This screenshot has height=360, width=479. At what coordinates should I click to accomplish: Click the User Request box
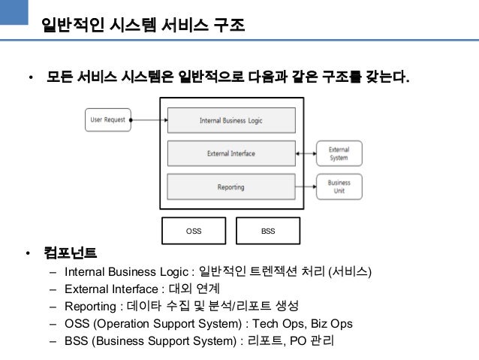coord(107,119)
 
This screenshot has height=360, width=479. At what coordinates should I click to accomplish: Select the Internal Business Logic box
coord(230,120)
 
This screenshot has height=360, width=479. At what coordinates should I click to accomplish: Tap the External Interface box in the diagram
coord(230,153)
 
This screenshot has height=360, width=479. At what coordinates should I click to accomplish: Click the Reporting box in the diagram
coord(230,186)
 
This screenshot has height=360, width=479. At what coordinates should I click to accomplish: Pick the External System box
coord(339,153)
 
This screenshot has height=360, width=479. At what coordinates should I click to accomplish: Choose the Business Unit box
coord(339,186)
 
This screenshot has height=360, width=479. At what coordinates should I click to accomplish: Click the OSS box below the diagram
coord(194,231)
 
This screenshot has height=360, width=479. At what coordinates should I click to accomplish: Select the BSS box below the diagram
coord(268,231)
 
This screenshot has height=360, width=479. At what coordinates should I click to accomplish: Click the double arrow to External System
coord(306,153)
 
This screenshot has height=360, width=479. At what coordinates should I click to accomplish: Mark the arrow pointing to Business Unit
coord(306,186)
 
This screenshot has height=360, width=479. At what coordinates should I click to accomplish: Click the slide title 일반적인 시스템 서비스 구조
coord(143,26)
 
